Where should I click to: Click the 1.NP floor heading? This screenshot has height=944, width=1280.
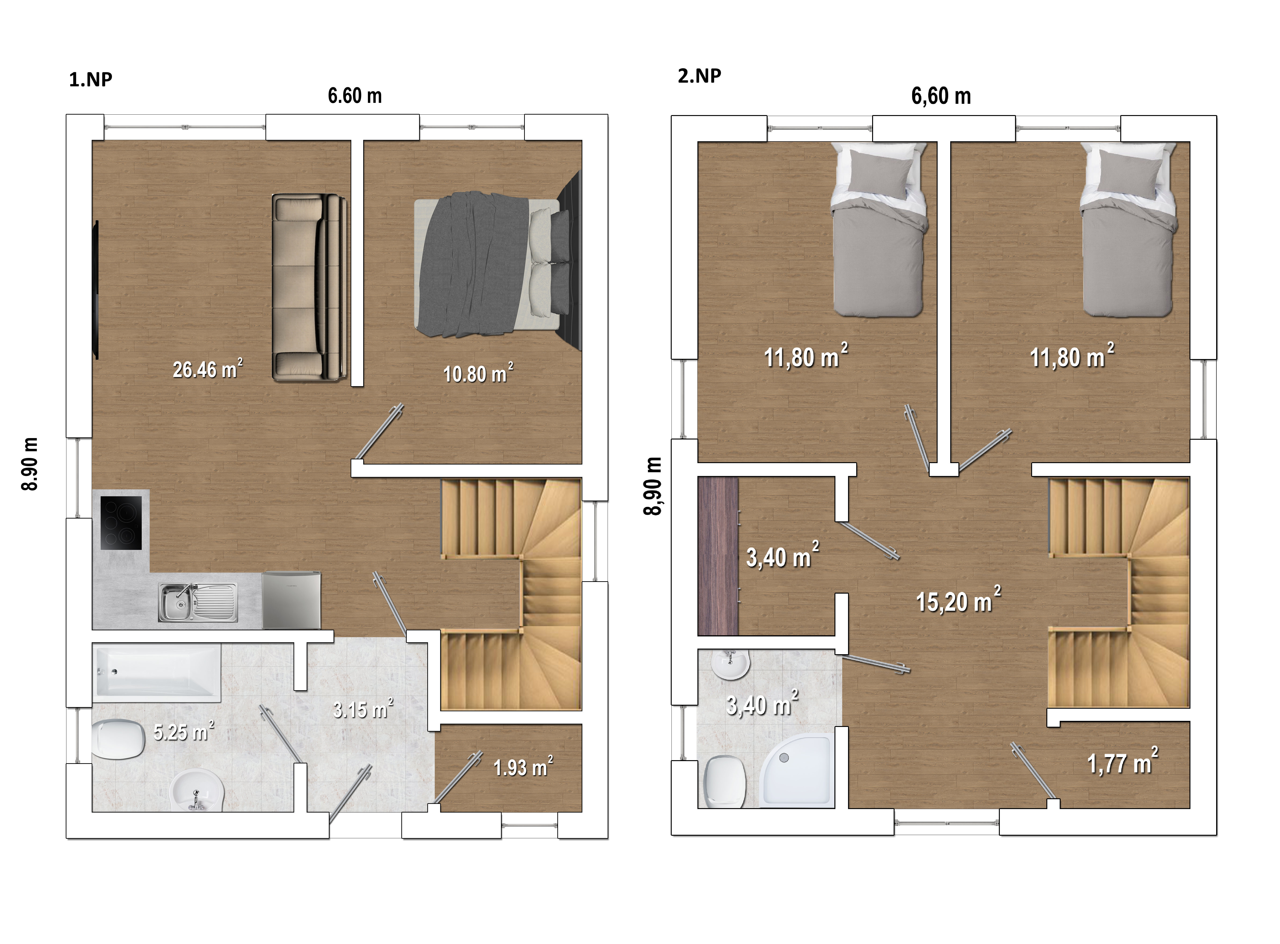tap(90, 80)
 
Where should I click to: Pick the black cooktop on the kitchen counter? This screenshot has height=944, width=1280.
tap(121, 523)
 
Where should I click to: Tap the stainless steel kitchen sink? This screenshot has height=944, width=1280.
tap(198, 602)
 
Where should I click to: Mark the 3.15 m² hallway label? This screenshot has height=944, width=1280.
tap(363, 709)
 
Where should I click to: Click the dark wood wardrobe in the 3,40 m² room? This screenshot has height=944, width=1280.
tap(718, 556)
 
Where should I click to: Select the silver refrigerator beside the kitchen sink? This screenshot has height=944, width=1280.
tap(291, 600)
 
